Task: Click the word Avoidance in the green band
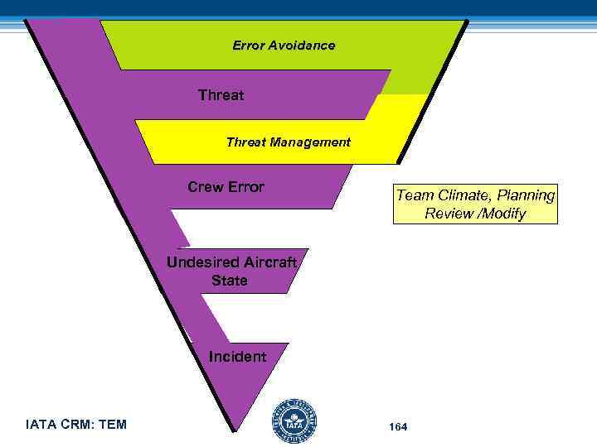pyautogui.click(x=303, y=46)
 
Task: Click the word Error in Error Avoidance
pyautogui.click(x=248, y=46)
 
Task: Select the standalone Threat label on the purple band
pyautogui.click(x=221, y=95)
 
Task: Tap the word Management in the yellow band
pyautogui.click(x=318, y=142)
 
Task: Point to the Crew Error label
pyautogui.click(x=226, y=187)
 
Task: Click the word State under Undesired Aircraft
pyautogui.click(x=229, y=281)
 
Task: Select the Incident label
pyautogui.click(x=237, y=357)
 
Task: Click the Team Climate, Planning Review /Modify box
pyautogui.click(x=475, y=204)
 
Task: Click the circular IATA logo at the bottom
pyautogui.click(x=294, y=422)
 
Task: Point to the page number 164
pyautogui.click(x=397, y=426)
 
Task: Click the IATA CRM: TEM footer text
pyautogui.click(x=76, y=425)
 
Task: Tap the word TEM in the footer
pyautogui.click(x=112, y=425)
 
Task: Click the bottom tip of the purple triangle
pyautogui.click(x=235, y=429)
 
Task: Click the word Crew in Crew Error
pyautogui.click(x=205, y=187)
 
